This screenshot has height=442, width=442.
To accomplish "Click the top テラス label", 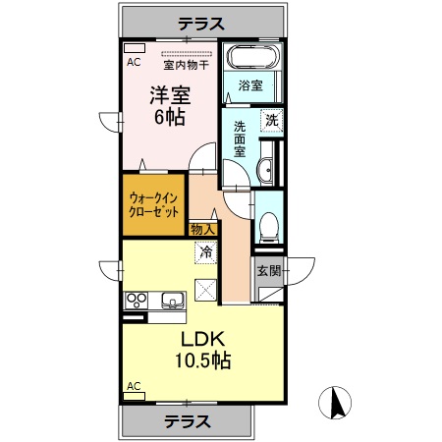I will tap(202, 23).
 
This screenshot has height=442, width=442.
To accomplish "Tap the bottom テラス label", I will tap(187, 421).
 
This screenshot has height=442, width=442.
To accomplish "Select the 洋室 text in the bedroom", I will tap(169, 96).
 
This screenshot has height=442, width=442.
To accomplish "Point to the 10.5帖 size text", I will tap(201, 361).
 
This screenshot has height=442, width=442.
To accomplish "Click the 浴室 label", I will tap(250, 86).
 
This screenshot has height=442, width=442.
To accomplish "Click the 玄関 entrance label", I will tap(268, 270).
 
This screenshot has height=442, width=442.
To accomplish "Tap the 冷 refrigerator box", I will tap(206, 253).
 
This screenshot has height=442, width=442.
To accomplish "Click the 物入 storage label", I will tap(202, 229).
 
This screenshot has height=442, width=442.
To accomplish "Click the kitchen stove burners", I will tap(136, 300).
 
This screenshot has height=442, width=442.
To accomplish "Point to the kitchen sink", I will tap(171, 301).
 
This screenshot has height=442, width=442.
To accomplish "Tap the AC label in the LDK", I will tap(133, 385).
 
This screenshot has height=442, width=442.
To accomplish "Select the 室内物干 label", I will tap(185, 67).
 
